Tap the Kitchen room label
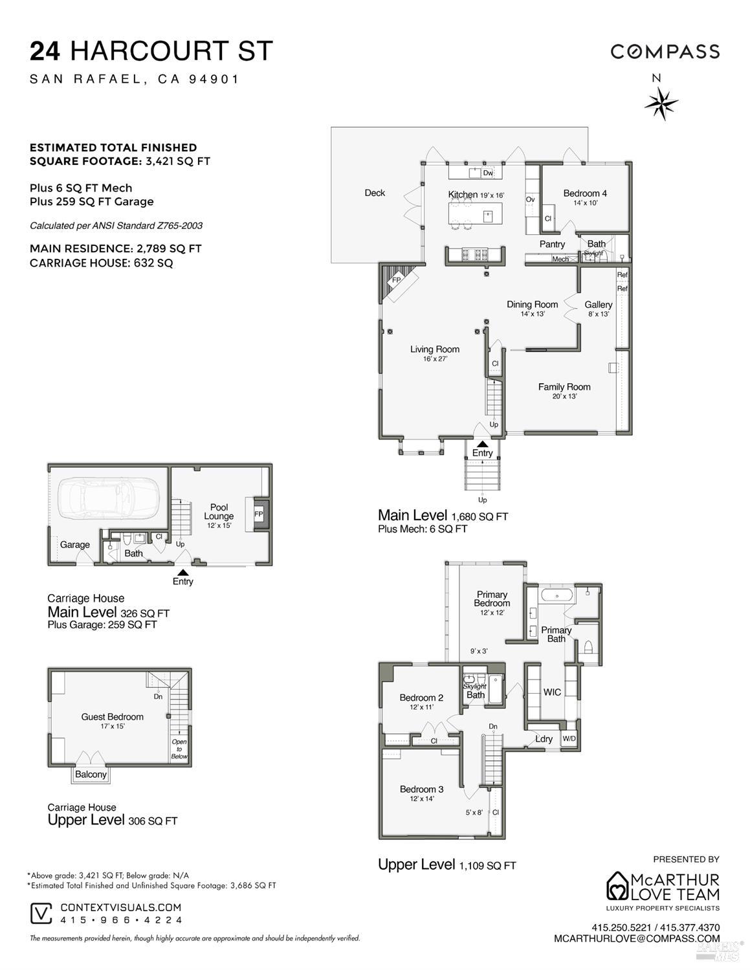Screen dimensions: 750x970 click(x=463, y=194)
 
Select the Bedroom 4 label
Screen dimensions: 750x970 click(x=585, y=193)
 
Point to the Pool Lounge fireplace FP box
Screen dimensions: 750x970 click(x=258, y=514)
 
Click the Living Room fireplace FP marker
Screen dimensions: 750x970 click(x=397, y=280)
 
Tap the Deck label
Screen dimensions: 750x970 click(x=375, y=193)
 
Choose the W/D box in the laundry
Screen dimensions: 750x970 click(x=569, y=738)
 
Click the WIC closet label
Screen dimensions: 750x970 click(x=552, y=692)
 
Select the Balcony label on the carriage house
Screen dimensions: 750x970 click(x=91, y=774)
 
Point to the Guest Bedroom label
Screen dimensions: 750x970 click(x=112, y=716)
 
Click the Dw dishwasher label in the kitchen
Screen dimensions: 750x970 click(x=488, y=173)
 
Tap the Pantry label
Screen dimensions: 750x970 click(x=552, y=244)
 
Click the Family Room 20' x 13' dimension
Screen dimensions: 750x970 click(x=564, y=397)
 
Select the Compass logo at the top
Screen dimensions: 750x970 click(x=665, y=52)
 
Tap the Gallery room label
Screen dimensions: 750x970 click(x=598, y=304)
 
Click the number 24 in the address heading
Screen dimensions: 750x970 click(x=45, y=51)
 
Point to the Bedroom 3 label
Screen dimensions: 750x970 click(x=421, y=789)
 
